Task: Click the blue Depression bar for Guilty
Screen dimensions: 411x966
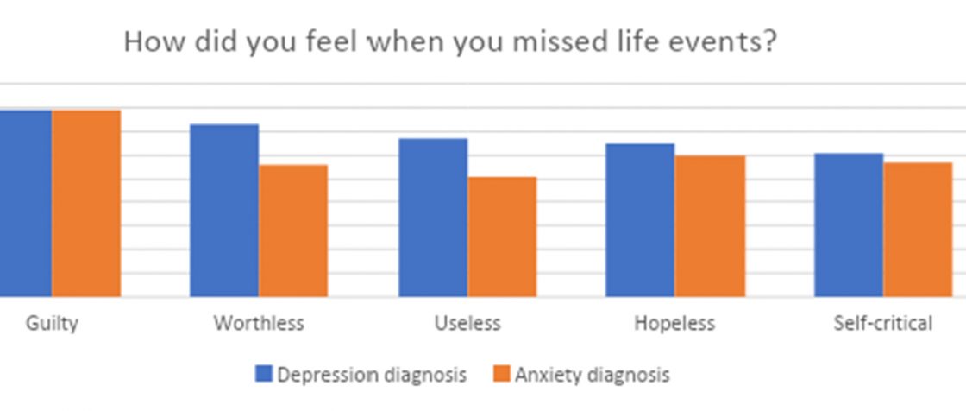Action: pyautogui.click(x=26, y=204)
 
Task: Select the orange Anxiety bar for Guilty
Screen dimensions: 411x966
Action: pyautogui.click(x=86, y=204)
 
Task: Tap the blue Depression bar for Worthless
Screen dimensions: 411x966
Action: pyautogui.click(x=224, y=211)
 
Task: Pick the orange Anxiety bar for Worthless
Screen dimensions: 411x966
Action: pyautogui.click(x=293, y=231)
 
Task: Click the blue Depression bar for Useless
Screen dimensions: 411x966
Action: pyautogui.click(x=433, y=218)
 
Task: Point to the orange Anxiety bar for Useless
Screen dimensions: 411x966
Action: pyautogui.click(x=502, y=237)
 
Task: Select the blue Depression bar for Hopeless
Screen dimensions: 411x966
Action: pyautogui.click(x=640, y=220)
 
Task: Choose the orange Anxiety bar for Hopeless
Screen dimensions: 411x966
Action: pyautogui.click(x=710, y=226)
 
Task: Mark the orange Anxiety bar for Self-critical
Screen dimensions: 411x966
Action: pyautogui.click(x=918, y=230)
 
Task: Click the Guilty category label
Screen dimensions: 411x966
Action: pyautogui.click(x=52, y=324)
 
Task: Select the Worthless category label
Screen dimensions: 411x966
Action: pyautogui.click(x=259, y=324)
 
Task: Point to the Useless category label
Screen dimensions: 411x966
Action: pyautogui.click(x=467, y=324)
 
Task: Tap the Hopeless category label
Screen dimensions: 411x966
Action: pyautogui.click(x=674, y=324)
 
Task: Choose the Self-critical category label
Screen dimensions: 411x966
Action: pyautogui.click(x=883, y=324)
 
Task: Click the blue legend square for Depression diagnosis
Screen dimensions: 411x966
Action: pyautogui.click(x=264, y=374)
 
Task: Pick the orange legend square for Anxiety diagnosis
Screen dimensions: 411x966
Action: pyautogui.click(x=501, y=374)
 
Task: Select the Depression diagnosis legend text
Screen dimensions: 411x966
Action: pyautogui.click(x=372, y=375)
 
